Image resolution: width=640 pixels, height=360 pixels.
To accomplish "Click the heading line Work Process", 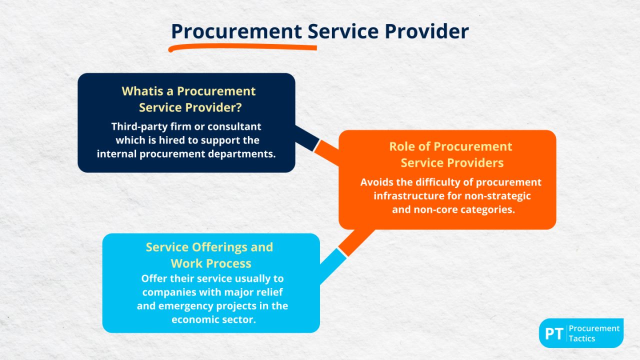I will (211, 263).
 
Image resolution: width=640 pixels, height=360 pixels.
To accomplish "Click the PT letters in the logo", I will (554, 333).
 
